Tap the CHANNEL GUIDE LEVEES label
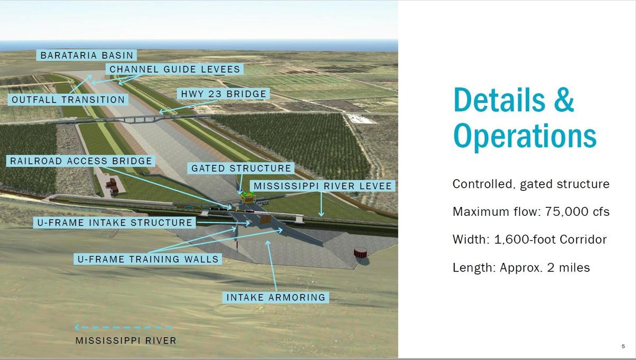[175, 69]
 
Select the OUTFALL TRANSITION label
[68, 100]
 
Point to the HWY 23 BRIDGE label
[224, 94]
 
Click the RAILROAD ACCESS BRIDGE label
[81, 161]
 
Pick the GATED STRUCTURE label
[241, 169]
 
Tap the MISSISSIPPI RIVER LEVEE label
[323, 186]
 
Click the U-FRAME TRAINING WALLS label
[148, 259]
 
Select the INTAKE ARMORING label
[276, 297]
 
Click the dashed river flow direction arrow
[123, 327]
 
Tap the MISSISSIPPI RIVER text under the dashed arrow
[126, 341]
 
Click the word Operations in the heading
[525, 136]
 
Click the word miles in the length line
[575, 268]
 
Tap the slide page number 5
[623, 346]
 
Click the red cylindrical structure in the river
[361, 253]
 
